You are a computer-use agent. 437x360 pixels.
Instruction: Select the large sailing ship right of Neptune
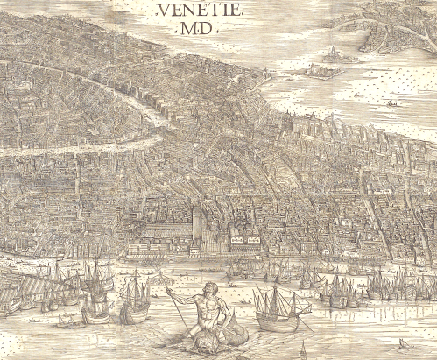[x=276, y=307]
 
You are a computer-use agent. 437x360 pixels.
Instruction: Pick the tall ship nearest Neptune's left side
[x=133, y=298]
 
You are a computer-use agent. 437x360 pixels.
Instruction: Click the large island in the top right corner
[x=398, y=26]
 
